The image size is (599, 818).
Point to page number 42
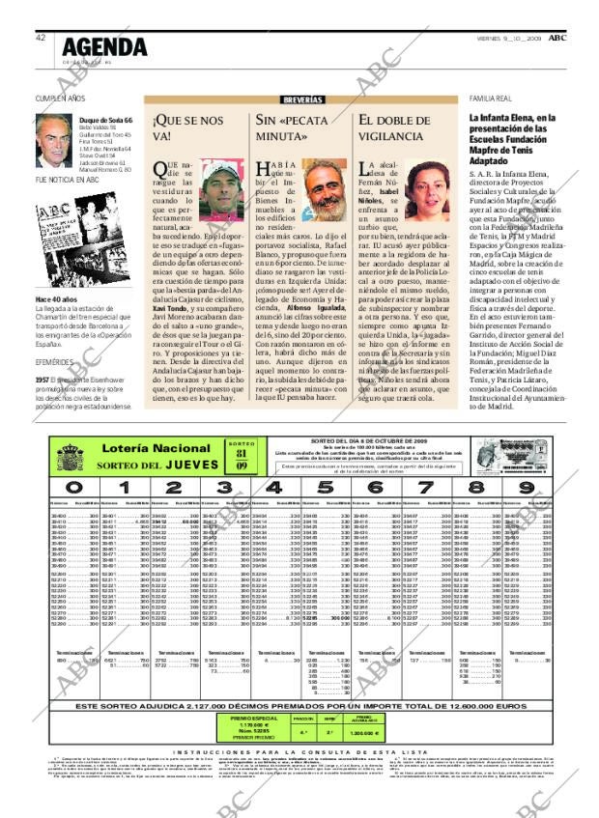tap(41, 38)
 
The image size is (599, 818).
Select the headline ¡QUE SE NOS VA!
tap(186, 128)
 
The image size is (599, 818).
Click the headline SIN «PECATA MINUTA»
tap(289, 128)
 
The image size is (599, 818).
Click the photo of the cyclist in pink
tap(222, 190)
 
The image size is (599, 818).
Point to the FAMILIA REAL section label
tap(490, 99)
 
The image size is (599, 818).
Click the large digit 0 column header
tap(73, 488)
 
